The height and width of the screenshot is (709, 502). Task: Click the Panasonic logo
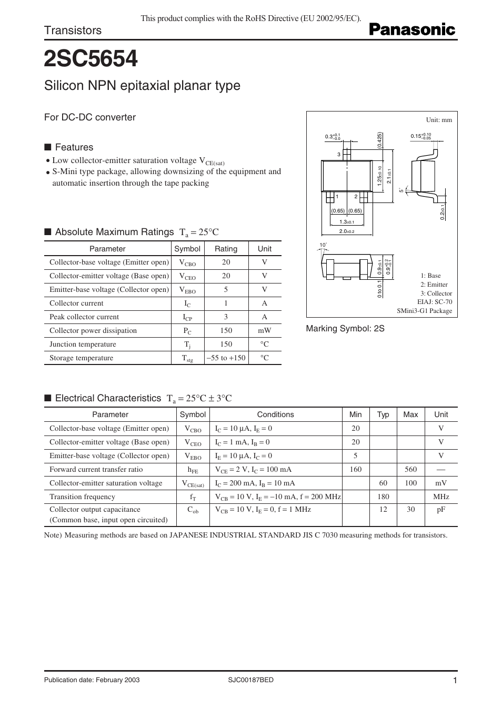point(412,29)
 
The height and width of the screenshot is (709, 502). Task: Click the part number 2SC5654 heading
point(91,59)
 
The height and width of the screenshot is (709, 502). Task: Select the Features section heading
point(74,147)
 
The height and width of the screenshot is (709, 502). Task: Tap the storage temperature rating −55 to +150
point(226,358)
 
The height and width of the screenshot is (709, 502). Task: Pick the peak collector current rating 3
point(226,317)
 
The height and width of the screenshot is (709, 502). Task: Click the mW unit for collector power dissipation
point(264,330)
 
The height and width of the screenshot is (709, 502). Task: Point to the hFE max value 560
point(410,469)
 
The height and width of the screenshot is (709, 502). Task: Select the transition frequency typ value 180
point(383,497)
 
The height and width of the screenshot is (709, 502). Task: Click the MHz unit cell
point(441,497)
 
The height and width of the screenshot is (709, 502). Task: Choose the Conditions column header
point(275,414)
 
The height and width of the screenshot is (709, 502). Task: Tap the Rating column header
point(226,249)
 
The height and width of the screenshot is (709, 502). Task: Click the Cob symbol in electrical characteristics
point(193,510)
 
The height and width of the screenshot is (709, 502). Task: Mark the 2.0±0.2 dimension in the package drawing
point(347,231)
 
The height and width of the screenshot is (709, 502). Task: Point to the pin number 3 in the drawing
point(339,155)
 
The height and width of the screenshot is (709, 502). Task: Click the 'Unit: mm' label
point(439,120)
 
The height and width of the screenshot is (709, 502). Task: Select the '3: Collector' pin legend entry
point(436,293)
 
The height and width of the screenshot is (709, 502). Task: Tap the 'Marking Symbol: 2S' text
point(345,328)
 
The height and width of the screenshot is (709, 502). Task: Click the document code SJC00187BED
point(250,680)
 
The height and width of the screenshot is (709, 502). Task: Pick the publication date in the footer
point(92,680)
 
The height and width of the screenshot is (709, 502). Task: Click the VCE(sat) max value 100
point(410,483)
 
